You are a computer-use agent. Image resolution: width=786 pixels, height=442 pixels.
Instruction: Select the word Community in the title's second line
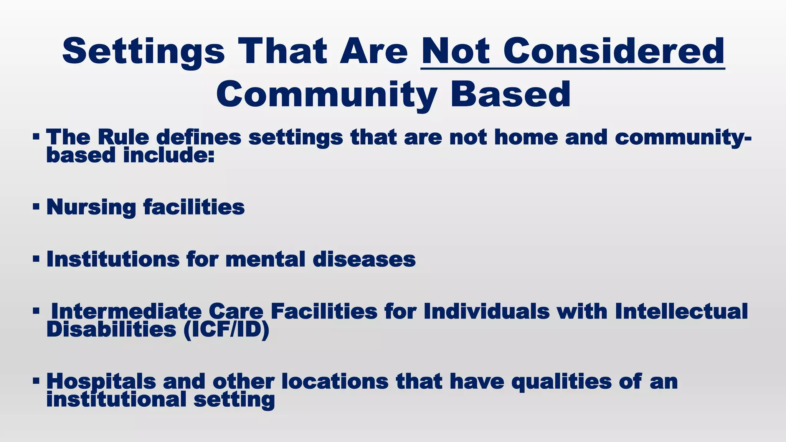point(327,95)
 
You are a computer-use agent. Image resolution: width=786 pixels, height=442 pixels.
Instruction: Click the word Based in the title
point(510,94)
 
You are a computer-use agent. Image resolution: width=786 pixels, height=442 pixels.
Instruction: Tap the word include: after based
point(168,155)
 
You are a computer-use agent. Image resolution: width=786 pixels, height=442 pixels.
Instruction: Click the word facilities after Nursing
point(194,207)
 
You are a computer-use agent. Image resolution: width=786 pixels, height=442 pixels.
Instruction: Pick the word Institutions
point(113,259)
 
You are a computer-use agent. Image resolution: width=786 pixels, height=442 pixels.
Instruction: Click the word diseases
point(364,259)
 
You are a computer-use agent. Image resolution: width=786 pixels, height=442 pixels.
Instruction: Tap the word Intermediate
point(126,311)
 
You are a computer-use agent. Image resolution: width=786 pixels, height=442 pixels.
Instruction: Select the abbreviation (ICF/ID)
point(226,329)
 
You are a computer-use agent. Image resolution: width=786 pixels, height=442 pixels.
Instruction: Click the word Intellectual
point(681,311)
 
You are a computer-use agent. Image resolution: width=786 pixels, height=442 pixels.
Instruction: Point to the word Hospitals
point(101,381)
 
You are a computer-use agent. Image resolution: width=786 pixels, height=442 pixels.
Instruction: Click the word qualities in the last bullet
point(561,381)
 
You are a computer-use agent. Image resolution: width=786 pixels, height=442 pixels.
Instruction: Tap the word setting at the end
point(234,399)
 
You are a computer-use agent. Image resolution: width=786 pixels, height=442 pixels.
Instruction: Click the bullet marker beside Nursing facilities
point(36,207)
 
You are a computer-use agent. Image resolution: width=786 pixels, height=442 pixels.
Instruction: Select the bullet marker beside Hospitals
point(36,381)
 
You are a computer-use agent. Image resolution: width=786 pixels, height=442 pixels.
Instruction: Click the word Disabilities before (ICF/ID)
point(111,329)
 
